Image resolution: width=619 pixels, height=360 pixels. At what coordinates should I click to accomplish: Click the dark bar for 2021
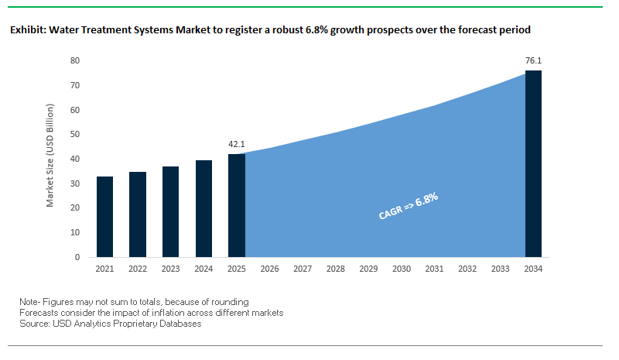coord(104,217)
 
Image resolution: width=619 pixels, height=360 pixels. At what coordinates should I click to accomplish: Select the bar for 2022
coord(138,214)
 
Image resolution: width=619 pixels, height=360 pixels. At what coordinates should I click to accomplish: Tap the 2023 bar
coord(170,211)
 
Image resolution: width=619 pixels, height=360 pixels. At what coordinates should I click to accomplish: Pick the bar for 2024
coord(203,208)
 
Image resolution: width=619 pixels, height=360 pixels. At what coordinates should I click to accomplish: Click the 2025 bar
coord(237,205)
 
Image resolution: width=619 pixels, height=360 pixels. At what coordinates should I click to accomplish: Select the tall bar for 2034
coord(533,163)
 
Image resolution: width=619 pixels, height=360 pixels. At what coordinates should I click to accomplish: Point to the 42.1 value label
coord(237,144)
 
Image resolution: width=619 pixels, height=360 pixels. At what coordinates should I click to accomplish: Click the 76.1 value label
coord(533,60)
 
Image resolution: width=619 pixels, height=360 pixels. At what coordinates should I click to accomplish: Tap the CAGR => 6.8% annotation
coord(409,207)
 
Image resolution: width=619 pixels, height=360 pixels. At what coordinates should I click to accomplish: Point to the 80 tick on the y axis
coord(75,60)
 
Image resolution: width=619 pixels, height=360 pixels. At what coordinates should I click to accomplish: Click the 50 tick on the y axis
coord(75,134)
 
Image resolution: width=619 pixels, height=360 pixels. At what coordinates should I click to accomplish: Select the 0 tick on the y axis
coord(77,257)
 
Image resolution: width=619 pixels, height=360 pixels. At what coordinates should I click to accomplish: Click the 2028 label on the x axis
coord(336,269)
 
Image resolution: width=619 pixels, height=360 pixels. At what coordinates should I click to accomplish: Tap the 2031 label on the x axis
coord(434,269)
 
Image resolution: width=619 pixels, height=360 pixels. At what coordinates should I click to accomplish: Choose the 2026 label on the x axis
coord(269,269)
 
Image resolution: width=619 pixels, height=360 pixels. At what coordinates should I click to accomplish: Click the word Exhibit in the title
coord(26,31)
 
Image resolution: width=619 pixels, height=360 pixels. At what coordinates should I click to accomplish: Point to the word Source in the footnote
coord(36,324)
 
